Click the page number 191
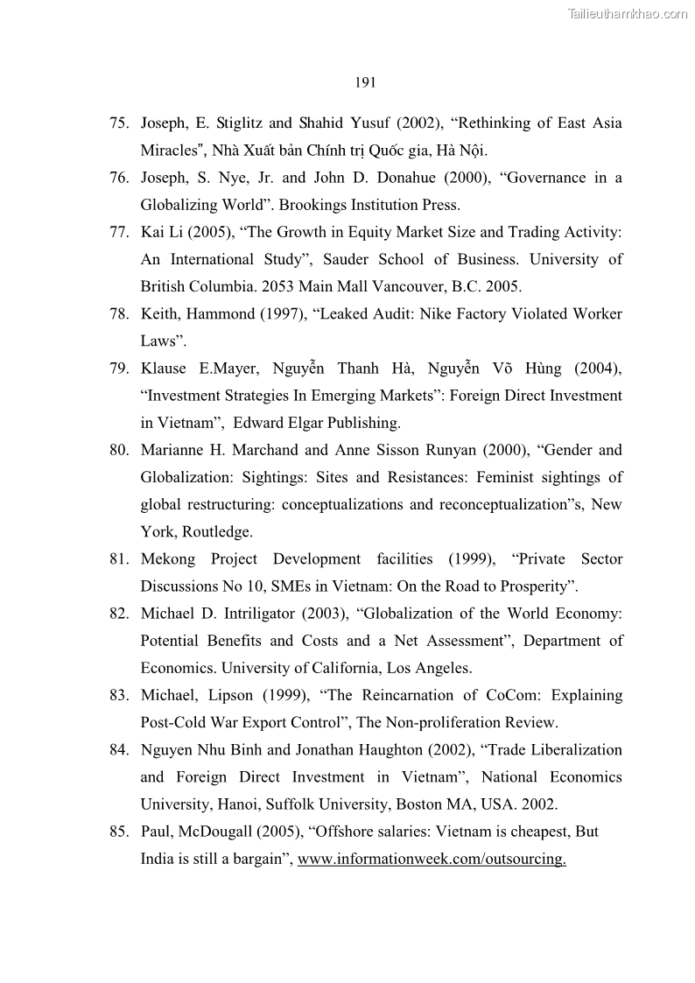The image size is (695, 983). pos(365,83)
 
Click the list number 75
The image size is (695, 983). pos(120,123)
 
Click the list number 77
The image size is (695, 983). pos(120,232)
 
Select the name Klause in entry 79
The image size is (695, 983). pos(163,369)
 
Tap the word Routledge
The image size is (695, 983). pos(217,531)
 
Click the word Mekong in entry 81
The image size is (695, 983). pos(168,558)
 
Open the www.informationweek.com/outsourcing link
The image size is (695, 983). pos(432,859)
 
